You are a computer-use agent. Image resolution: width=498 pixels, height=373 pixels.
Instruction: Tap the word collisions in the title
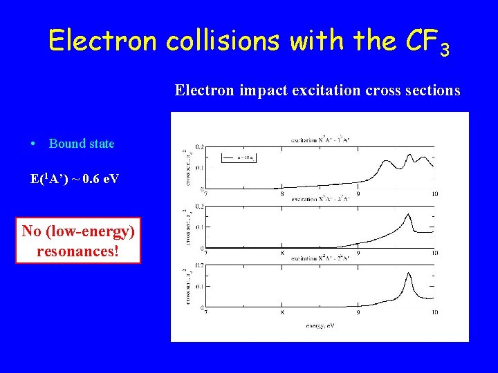click(x=224, y=41)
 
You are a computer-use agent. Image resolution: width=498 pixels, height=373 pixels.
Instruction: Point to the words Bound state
click(x=82, y=144)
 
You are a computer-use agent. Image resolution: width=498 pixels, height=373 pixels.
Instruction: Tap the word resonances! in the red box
click(x=77, y=250)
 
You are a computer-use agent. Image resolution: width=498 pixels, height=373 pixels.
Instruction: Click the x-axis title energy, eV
click(x=320, y=323)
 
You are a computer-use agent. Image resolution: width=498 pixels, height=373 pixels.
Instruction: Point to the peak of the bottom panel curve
click(x=409, y=274)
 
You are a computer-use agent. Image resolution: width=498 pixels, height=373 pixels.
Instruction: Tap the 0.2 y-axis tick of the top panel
click(x=199, y=147)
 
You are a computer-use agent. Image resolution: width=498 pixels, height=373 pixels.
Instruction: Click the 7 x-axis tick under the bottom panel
click(x=203, y=313)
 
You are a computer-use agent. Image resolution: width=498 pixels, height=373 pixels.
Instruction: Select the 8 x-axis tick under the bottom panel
click(x=282, y=313)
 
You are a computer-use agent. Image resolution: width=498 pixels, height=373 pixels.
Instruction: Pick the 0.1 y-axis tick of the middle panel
click(x=199, y=227)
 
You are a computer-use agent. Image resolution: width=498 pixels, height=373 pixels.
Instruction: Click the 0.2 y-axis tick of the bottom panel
click(x=199, y=265)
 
